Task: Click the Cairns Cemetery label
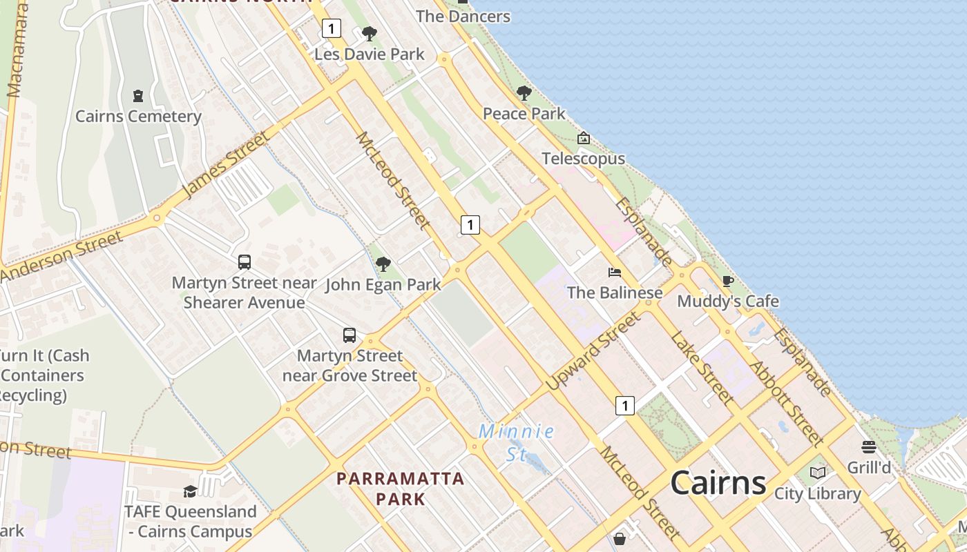[x=138, y=116]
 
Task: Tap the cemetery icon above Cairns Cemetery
[x=138, y=96]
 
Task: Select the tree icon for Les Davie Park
[x=370, y=33]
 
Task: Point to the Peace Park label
[x=524, y=113]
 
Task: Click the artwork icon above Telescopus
[x=584, y=139]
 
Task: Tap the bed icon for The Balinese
[x=614, y=273]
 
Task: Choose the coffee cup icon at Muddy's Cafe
[x=727, y=281]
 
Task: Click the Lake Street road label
[x=702, y=368]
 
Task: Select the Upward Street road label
[x=593, y=351]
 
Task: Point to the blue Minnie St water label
[x=517, y=442]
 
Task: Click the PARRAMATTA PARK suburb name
[x=401, y=488]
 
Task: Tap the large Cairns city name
[x=718, y=482]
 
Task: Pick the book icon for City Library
[x=818, y=473]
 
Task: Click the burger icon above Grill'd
[x=868, y=446]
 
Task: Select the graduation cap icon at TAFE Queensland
[x=190, y=491]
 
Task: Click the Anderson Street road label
[x=62, y=256]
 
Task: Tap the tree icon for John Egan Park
[x=383, y=264]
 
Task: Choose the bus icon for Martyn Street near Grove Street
[x=350, y=335]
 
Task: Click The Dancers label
[x=463, y=16]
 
